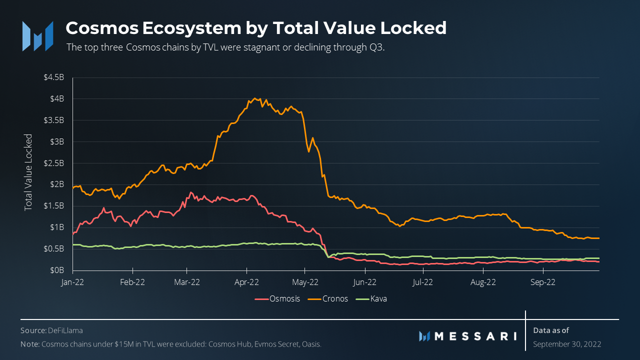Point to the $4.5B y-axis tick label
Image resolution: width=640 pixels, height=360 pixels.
pos(54,77)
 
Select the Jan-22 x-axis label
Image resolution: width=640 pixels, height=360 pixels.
pos(73,282)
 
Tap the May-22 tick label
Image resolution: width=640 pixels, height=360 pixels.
pos(305,282)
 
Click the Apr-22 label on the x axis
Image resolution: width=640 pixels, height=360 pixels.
pos(247,282)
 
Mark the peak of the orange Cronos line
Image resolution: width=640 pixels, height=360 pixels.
pos(255,98)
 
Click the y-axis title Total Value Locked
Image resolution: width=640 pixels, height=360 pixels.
pos(28,172)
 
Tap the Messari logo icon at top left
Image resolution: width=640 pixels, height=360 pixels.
pos(37,36)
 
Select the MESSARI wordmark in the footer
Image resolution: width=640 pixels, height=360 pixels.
pos(475,336)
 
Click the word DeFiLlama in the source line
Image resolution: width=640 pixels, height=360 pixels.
pos(65,330)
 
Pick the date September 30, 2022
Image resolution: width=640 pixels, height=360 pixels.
pos(567,344)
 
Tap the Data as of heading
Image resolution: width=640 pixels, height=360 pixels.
pos(551,330)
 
